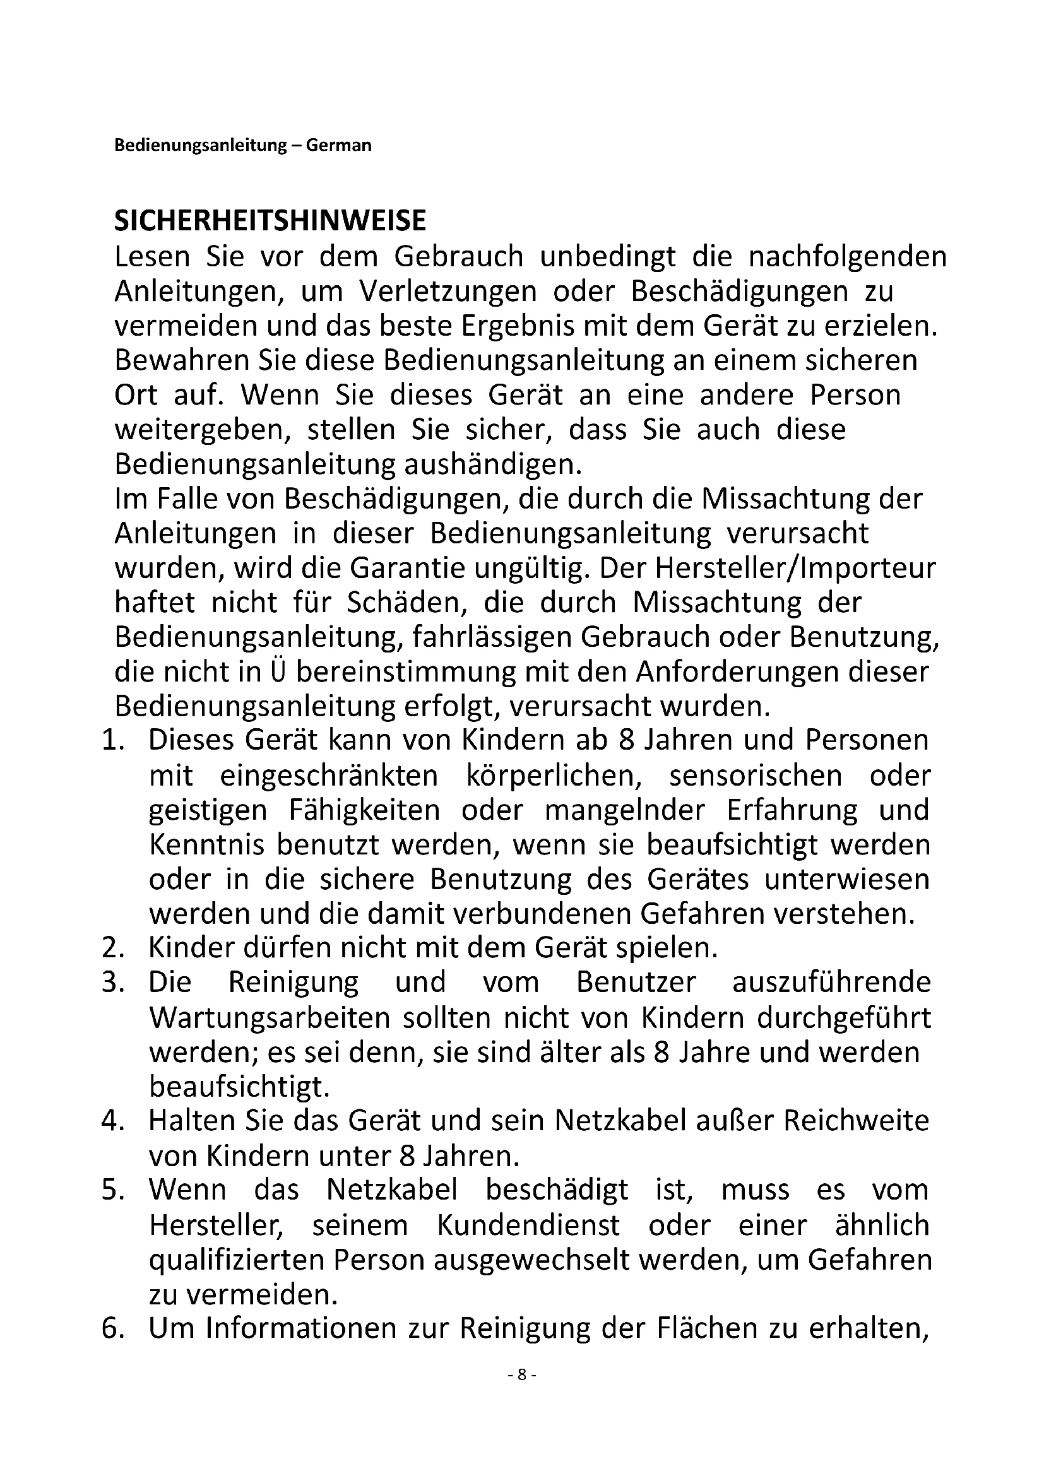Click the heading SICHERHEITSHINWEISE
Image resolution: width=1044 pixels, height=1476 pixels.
(270, 221)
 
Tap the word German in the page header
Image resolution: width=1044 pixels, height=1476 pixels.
(339, 145)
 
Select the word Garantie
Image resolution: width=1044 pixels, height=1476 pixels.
(410, 569)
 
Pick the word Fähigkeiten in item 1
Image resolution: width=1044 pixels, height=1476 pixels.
(364, 810)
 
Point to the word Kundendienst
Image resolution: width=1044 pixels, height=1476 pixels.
(528, 1225)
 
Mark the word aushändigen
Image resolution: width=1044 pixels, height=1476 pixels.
(492, 464)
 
